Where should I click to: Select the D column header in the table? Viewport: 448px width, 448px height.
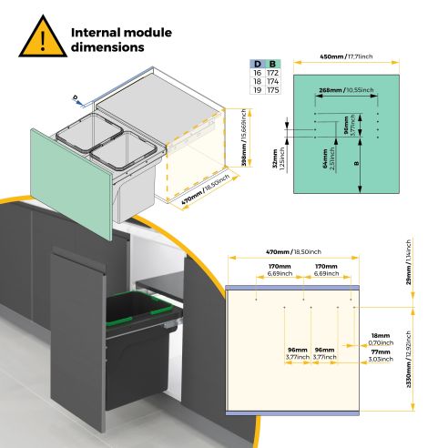[257, 62]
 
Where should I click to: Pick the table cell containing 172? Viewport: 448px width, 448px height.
[273, 71]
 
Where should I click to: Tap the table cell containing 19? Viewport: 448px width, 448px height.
[257, 91]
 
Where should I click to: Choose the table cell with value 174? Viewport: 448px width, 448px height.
[273, 81]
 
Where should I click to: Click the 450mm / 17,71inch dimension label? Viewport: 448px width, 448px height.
[347, 56]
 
